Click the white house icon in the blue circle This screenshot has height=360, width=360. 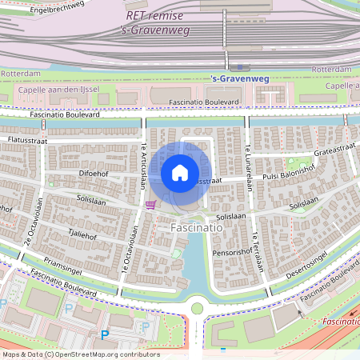coord(180,172)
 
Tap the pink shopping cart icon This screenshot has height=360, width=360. coord(150,205)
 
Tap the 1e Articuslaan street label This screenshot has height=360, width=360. coord(144,165)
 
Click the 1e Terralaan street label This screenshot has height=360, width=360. coord(259,251)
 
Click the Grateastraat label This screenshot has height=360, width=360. coord(333,149)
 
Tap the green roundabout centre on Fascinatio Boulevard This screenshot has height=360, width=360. coord(196,308)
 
